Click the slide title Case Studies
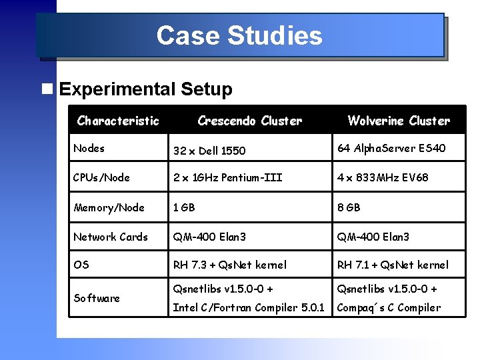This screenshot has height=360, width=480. (x=239, y=35)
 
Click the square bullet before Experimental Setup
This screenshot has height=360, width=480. (x=46, y=89)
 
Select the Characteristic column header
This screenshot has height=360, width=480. (x=118, y=121)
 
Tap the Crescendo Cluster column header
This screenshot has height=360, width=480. (x=249, y=121)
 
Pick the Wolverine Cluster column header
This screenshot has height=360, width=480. (x=399, y=121)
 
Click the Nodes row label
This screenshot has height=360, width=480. (x=89, y=148)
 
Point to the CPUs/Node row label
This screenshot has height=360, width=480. (x=101, y=177)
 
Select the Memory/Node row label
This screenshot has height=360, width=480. (x=109, y=207)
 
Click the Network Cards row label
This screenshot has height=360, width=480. (x=111, y=237)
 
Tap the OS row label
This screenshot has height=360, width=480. (x=81, y=265)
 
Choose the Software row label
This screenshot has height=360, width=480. (x=97, y=298)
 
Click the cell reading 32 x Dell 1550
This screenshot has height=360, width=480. (x=209, y=151)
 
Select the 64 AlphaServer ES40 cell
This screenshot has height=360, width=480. (x=391, y=148)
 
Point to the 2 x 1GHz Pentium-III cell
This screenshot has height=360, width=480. (x=228, y=177)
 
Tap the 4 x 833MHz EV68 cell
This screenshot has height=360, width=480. (x=383, y=177)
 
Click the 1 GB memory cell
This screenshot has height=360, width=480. (x=184, y=207)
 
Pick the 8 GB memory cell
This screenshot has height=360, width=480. (x=349, y=207)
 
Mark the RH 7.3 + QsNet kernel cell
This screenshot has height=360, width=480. (x=230, y=265)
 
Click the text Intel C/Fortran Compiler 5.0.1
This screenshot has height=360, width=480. (x=249, y=307)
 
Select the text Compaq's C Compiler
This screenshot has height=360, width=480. (x=389, y=307)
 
